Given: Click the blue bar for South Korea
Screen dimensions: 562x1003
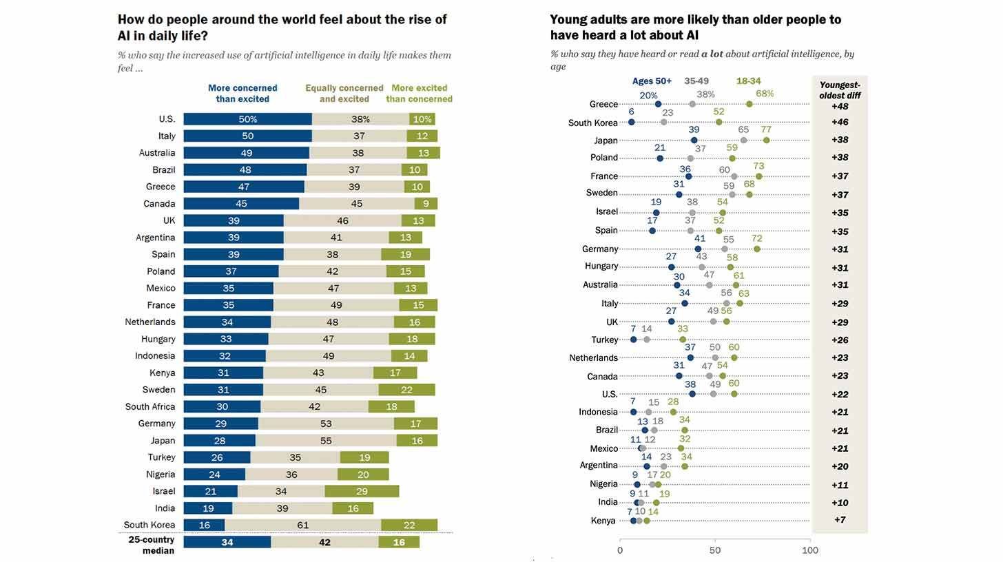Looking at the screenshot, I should click(204, 525).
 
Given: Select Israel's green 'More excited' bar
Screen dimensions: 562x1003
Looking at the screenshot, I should click(362, 491).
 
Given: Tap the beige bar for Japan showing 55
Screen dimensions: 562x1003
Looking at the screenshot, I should click(326, 441).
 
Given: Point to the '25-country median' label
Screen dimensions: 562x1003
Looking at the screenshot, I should click(152, 545).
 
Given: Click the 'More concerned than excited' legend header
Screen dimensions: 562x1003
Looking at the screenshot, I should click(242, 93).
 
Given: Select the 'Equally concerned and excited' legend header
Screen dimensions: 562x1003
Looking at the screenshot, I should click(344, 93).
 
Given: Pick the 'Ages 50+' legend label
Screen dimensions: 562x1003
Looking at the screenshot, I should click(652, 81).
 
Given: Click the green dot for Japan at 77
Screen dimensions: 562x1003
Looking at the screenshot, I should click(766, 140).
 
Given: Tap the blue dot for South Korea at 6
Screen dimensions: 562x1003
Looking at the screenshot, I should click(631, 123).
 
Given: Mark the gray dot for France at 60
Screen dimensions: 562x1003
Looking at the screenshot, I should click(734, 177).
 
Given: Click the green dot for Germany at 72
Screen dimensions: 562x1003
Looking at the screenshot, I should click(757, 249).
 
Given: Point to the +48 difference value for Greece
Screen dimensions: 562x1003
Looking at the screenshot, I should click(840, 107).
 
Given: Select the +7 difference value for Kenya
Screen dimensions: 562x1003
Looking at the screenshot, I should click(840, 520).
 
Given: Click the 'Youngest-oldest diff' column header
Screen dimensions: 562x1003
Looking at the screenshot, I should click(840, 90).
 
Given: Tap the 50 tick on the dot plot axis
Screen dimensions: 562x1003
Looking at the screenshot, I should click(715, 550).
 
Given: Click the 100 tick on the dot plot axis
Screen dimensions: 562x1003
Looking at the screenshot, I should click(810, 550).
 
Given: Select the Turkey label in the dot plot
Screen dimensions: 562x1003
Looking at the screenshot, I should click(605, 340).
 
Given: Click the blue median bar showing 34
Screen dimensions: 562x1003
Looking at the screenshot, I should click(227, 542).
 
